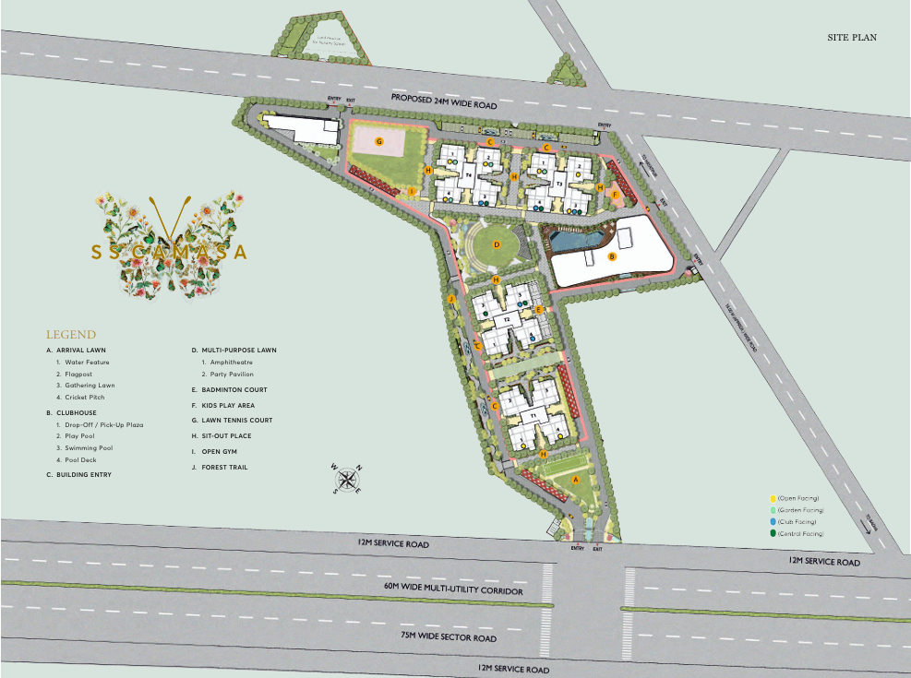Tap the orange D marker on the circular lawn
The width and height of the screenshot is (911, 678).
point(497,244)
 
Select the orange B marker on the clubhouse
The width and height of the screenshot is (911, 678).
point(612,257)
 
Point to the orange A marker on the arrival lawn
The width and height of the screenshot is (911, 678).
point(576,480)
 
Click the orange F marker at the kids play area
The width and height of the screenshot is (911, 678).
point(614,194)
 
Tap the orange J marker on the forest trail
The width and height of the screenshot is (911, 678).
point(452,301)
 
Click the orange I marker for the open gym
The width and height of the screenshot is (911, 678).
point(413,192)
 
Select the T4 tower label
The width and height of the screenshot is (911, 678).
point(469,174)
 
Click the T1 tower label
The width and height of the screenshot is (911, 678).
point(533,418)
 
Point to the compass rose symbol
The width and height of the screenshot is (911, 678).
point(347,479)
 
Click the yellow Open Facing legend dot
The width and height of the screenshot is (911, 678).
point(773,498)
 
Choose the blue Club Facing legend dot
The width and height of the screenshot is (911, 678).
point(773,522)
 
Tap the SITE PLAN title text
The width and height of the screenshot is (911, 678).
point(852,38)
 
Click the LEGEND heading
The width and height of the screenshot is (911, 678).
point(71,334)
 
